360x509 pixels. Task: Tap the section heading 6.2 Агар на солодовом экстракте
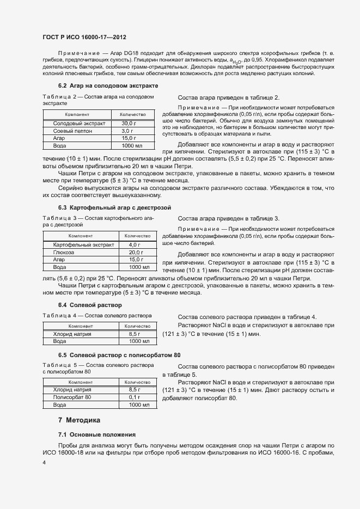coord(108,86)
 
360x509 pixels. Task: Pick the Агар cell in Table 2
coord(58,138)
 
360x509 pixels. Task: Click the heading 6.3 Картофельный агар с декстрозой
coord(114,208)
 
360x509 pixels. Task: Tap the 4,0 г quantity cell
coord(135,245)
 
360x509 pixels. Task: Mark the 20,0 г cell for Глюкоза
coord(135,253)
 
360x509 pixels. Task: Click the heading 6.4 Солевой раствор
coord(90,305)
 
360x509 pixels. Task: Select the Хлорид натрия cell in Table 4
coord(72,334)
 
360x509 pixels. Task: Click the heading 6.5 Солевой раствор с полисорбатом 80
coord(119,355)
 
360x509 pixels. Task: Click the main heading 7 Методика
coord(80,420)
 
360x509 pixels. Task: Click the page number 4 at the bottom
coord(44,462)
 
